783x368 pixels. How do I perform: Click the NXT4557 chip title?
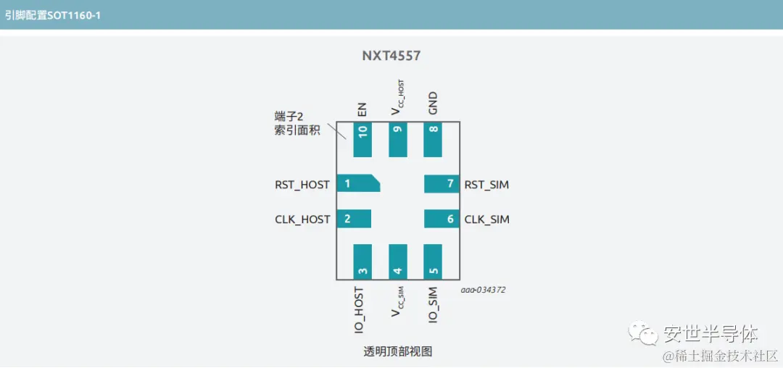tap(391, 56)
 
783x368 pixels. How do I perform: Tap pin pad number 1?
tap(357, 184)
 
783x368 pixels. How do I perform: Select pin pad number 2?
tap(354, 219)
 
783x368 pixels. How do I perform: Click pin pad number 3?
tap(362, 262)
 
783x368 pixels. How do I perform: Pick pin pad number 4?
tap(398, 262)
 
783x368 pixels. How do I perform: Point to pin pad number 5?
tap(433, 262)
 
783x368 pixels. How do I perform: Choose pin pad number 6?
tap(442, 219)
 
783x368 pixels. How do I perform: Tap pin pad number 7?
tap(442, 184)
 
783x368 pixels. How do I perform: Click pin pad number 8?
tap(433, 139)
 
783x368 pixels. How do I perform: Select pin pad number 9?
tap(398, 139)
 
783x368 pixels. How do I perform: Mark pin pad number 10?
tap(362, 139)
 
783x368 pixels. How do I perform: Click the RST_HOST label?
tap(302, 185)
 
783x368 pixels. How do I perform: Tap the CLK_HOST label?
tap(302, 219)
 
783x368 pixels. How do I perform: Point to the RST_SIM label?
tap(486, 185)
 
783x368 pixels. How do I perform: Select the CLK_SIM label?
tap(486, 219)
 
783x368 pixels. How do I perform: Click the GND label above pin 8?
tap(433, 104)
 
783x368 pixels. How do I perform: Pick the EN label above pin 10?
tap(362, 109)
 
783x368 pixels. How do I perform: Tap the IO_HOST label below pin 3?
tap(359, 310)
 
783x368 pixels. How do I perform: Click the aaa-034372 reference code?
tap(483, 290)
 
